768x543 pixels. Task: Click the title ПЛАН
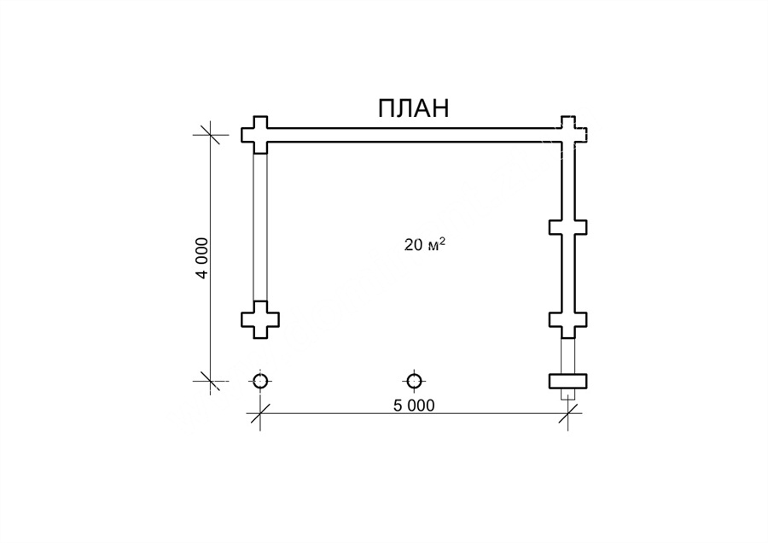click(413, 108)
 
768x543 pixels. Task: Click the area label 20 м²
click(425, 244)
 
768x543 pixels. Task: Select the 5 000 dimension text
click(414, 406)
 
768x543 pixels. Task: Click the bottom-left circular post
click(260, 381)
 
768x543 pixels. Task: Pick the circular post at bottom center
click(415, 381)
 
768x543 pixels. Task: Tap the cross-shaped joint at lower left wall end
click(260, 319)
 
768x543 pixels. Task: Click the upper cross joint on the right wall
click(568, 227)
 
